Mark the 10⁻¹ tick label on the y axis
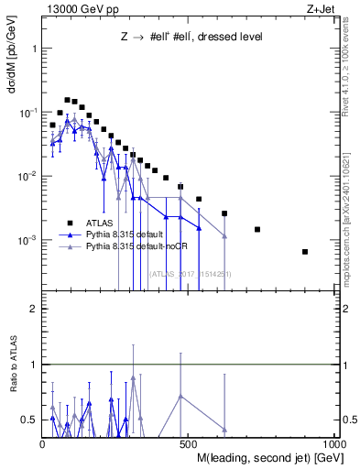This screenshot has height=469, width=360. pyautogui.click(x=28, y=112)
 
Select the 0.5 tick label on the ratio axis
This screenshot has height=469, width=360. pyautogui.click(x=30, y=420)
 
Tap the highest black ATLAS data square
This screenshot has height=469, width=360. pyautogui.click(x=67, y=100)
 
